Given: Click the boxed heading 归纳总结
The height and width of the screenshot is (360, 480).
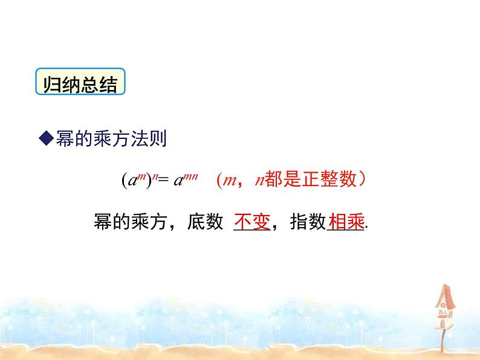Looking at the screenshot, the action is (80, 82).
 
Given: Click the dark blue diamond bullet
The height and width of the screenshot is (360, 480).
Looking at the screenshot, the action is (47, 138).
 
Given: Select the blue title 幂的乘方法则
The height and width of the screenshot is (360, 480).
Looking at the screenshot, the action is (111, 138).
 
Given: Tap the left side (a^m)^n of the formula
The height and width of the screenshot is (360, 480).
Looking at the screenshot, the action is (140, 179).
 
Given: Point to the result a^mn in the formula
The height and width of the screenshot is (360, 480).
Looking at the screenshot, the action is (186, 179).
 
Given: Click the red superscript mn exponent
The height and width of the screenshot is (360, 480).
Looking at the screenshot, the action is (190, 176).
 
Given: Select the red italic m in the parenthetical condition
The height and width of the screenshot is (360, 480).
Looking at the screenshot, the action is (229, 181).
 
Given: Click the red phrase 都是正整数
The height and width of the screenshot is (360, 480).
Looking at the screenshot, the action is (310, 179).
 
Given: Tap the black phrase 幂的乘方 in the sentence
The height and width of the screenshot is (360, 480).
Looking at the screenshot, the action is (131, 221).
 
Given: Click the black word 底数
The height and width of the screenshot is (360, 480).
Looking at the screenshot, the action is (205, 221).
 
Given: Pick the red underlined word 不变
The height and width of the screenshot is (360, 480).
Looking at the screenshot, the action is (252, 222).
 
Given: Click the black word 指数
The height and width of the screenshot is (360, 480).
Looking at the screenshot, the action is (308, 221).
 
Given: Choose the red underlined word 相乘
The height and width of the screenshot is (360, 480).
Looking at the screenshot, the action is (346, 222).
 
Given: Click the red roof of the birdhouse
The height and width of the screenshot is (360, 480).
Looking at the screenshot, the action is (446, 295).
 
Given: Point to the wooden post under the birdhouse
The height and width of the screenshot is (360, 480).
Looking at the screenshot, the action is (442, 339).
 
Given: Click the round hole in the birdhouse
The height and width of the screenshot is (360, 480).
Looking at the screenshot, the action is (443, 305).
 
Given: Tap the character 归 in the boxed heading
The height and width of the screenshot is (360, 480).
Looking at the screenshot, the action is (51, 85).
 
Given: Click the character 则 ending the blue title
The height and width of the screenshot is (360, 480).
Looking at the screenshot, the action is (158, 138).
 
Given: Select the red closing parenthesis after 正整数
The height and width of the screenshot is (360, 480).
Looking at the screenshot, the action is (362, 179).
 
